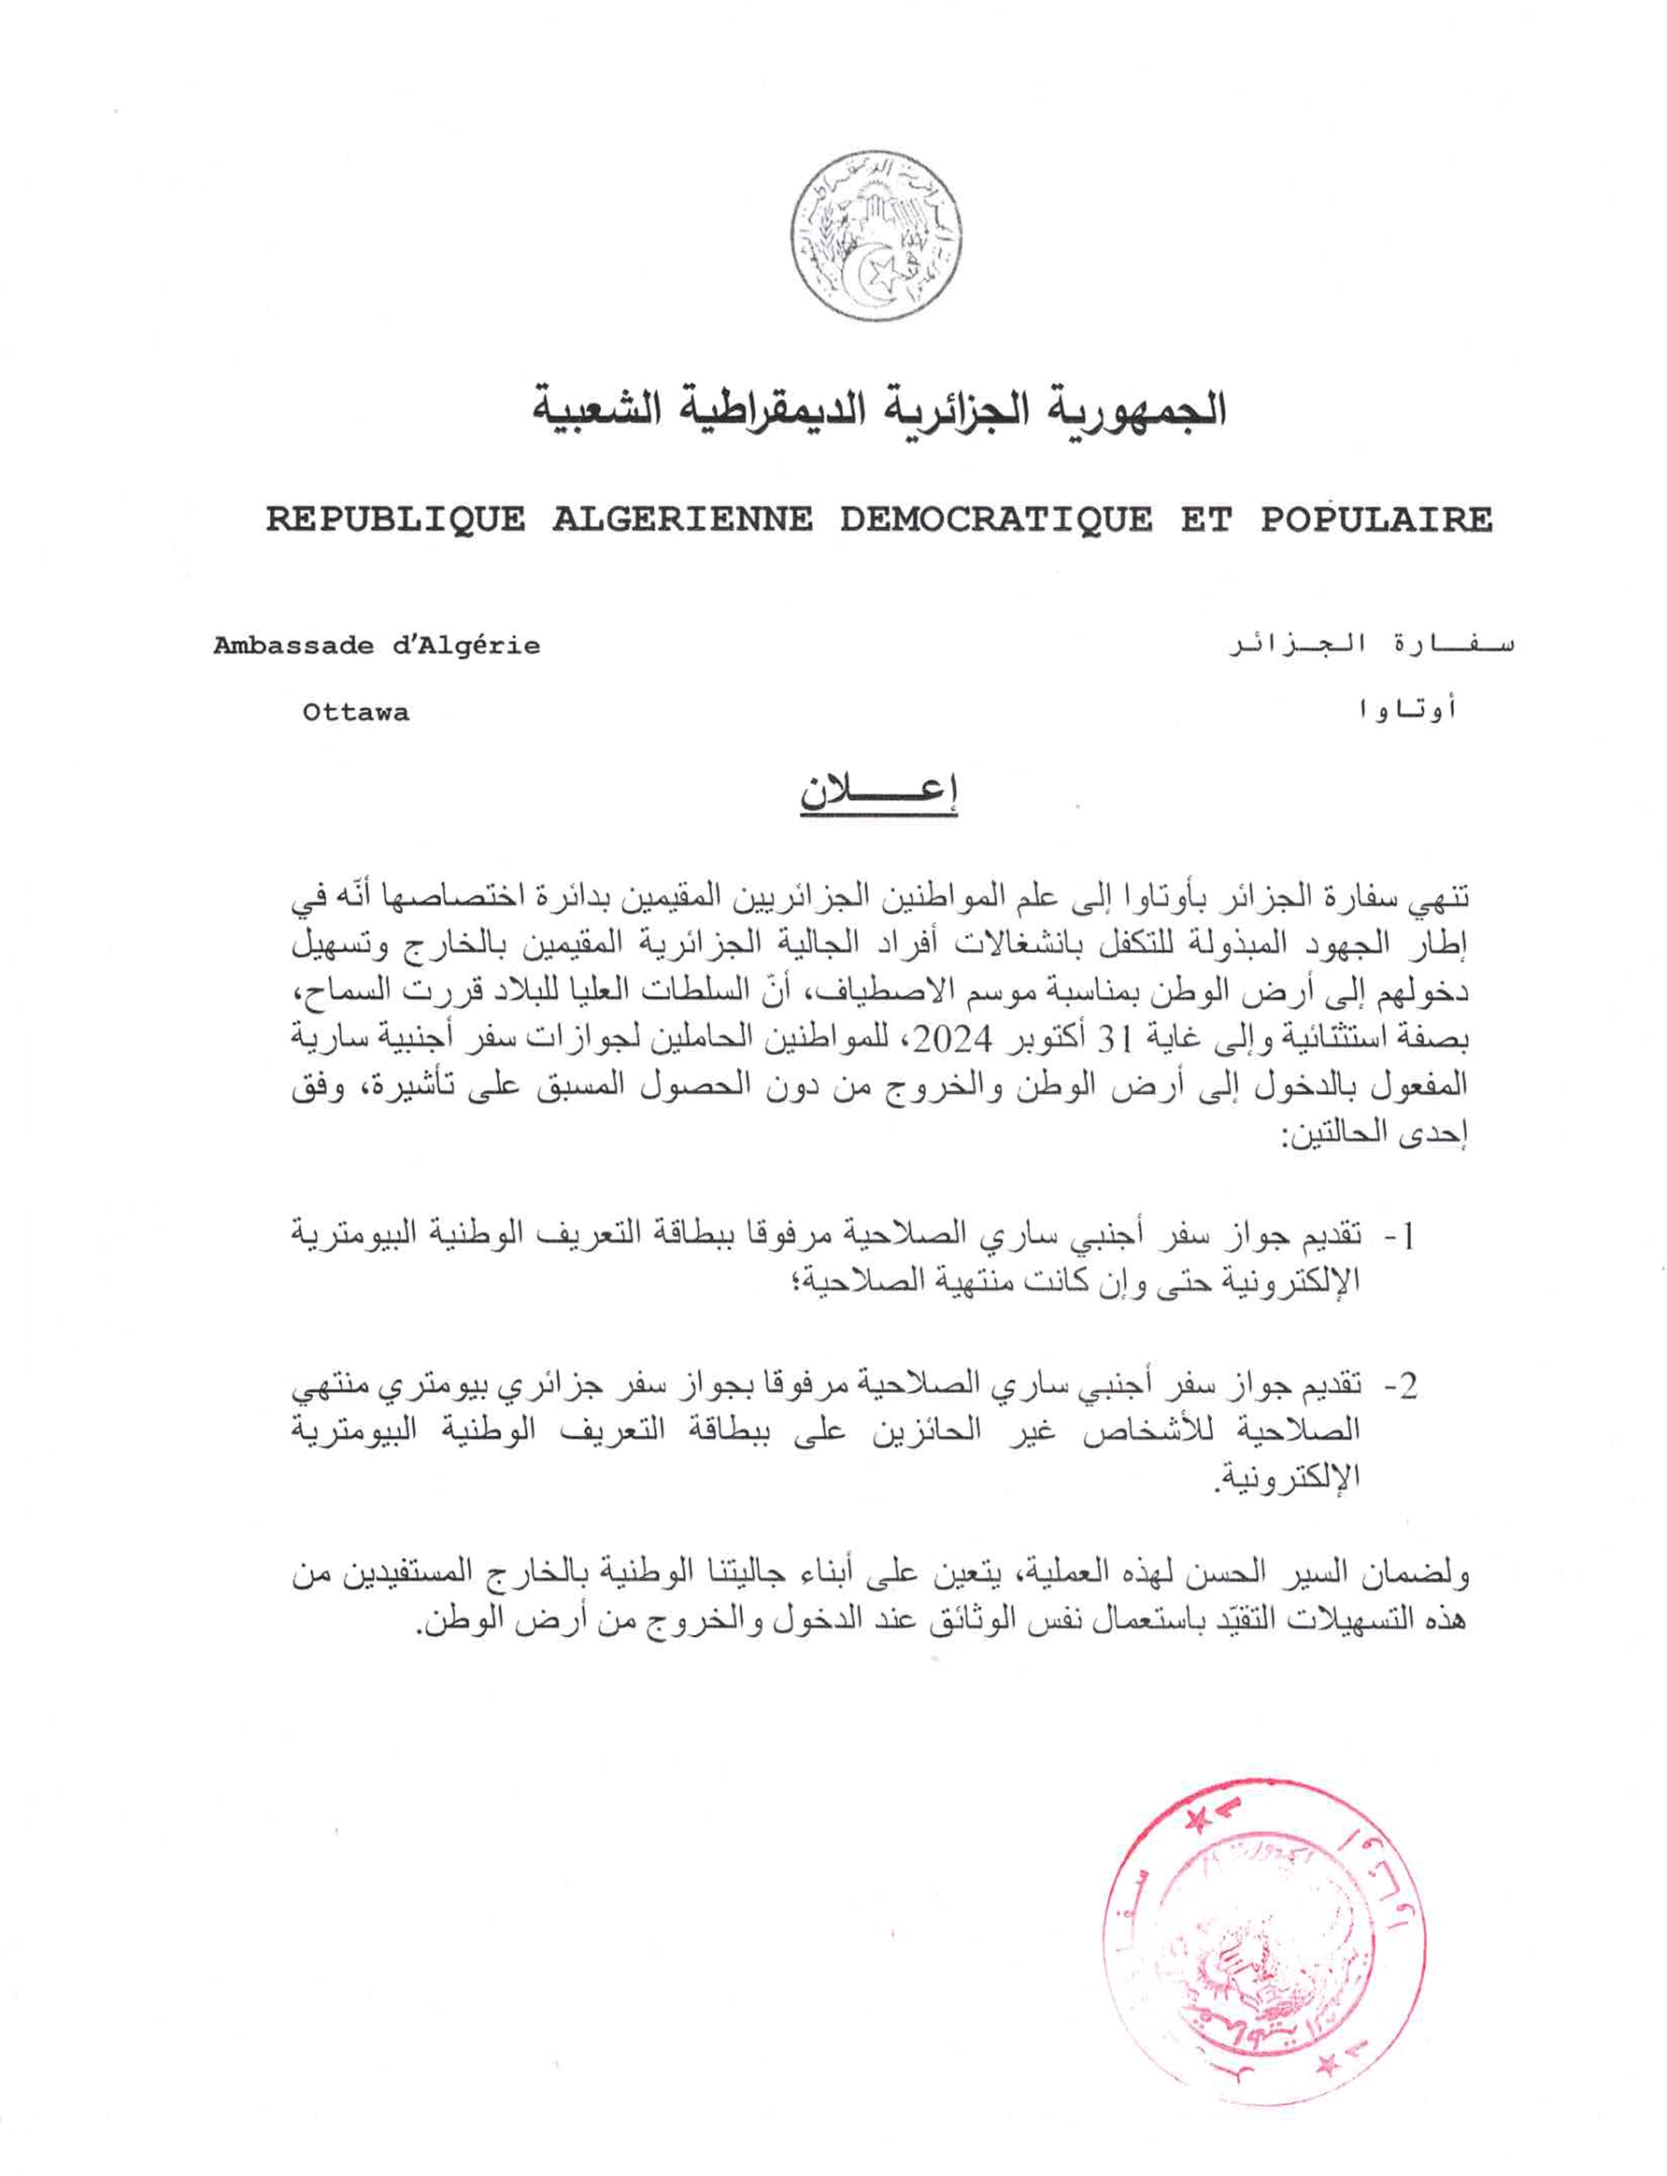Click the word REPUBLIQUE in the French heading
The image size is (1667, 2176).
(395, 519)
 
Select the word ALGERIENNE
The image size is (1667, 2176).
(682, 519)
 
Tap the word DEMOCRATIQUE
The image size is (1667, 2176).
(996, 519)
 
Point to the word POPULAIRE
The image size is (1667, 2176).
(1376, 519)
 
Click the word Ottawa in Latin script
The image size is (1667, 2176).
(355, 713)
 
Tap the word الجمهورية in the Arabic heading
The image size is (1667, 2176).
(1133, 411)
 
